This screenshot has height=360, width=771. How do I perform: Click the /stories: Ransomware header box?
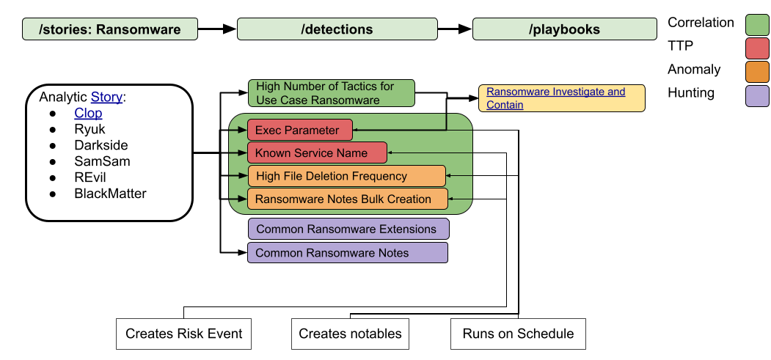click(x=109, y=29)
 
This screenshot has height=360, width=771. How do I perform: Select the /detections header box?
click(x=337, y=29)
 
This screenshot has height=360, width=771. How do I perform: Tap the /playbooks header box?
click(x=564, y=29)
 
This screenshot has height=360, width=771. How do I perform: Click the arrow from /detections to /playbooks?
click(x=455, y=29)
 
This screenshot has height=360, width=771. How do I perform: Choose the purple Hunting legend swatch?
click(x=757, y=95)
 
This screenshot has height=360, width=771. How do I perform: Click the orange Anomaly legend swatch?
click(x=757, y=72)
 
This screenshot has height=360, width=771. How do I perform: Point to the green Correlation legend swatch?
click(x=757, y=24)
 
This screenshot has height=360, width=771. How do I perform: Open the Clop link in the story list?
click(x=89, y=114)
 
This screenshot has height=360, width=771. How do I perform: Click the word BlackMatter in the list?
click(x=110, y=194)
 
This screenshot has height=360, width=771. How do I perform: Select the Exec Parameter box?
click(x=300, y=131)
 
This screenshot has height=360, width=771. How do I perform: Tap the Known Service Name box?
click(x=317, y=153)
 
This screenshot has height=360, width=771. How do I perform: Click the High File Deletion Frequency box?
click(x=346, y=176)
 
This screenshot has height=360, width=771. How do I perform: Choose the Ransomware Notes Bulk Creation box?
click(x=348, y=199)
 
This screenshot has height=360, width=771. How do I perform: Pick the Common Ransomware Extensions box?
click(x=348, y=229)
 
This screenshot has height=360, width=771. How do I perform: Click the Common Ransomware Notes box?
click(x=348, y=252)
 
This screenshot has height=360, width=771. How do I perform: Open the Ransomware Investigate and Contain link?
click(x=555, y=98)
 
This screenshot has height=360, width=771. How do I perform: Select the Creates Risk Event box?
click(x=184, y=334)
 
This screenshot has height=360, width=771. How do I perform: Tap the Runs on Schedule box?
click(x=518, y=334)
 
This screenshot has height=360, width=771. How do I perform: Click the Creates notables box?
click(x=350, y=334)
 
